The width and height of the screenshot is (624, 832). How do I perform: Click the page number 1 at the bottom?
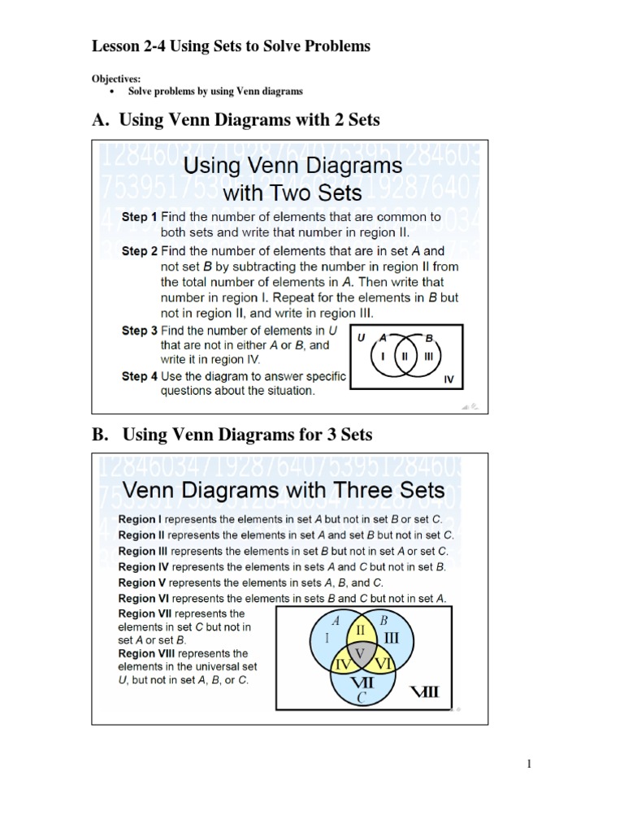(x=528, y=764)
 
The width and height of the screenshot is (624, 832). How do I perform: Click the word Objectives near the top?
(x=114, y=80)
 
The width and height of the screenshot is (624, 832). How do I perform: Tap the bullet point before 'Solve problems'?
(x=111, y=91)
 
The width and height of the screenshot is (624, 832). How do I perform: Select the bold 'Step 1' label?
(x=140, y=217)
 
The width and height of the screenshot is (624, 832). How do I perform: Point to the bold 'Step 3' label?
(x=140, y=331)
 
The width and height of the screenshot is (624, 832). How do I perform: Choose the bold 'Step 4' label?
(x=140, y=376)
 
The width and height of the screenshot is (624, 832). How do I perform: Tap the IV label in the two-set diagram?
(x=448, y=379)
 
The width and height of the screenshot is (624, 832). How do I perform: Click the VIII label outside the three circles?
(x=425, y=692)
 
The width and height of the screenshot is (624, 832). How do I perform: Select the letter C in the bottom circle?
(x=362, y=697)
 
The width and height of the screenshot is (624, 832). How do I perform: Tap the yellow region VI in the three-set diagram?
(x=383, y=664)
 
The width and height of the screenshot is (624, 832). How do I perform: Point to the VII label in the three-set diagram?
(x=362, y=682)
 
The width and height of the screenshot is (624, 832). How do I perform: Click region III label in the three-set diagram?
(x=392, y=639)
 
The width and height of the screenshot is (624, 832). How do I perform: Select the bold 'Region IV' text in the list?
(x=144, y=566)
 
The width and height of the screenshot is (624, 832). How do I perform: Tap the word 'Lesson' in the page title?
(x=117, y=46)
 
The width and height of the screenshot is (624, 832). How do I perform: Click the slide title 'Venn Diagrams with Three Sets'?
(x=284, y=490)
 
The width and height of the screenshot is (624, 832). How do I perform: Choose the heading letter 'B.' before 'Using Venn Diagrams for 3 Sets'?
(x=100, y=435)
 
